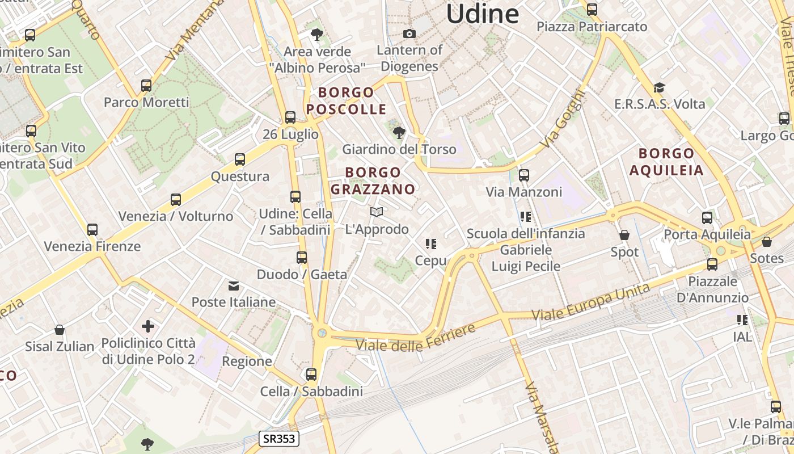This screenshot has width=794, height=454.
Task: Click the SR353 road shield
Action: pos(279,438)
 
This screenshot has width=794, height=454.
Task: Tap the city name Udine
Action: pos(482,14)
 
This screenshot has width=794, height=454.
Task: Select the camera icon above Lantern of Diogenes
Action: pos(409,34)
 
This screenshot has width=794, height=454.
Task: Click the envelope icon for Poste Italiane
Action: pos(233,285)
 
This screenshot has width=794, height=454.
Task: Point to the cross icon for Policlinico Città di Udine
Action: pos(148,326)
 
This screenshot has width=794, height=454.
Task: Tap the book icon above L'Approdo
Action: pos(377,212)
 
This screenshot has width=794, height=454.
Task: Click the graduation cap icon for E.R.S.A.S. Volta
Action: pos(659,88)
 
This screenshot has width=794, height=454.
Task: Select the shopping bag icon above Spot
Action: pos(624,235)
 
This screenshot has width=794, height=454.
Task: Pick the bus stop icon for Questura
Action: pos(240,159)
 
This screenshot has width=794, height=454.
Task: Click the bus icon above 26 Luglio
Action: pos(290,117)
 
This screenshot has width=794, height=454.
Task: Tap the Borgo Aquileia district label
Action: pos(666,162)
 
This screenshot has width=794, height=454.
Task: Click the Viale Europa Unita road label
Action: pos(591,302)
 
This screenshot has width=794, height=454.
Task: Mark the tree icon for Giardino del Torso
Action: pos(399,133)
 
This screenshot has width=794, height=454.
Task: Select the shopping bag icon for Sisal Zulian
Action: pos(59,330)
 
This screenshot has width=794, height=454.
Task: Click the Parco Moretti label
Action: pos(146,103)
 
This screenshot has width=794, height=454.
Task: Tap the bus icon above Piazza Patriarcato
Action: pos(592,10)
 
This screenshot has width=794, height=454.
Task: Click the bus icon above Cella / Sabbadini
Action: pos(311,375)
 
